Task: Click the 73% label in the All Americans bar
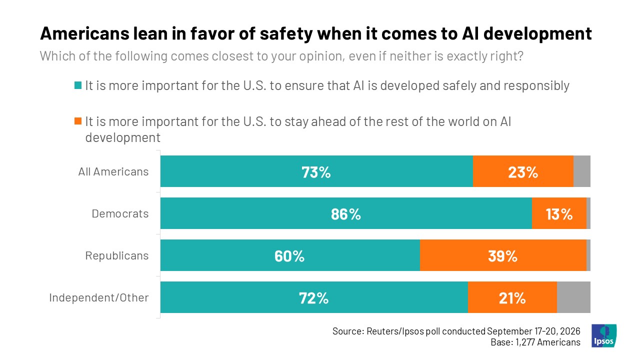316,172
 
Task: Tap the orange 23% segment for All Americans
523,171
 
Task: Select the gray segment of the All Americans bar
581,171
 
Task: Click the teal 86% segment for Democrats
346,213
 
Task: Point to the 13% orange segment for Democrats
559,213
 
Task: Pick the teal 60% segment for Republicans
290,255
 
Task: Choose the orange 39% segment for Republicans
503,255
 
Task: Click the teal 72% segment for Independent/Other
314,297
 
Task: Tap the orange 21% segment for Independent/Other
512,297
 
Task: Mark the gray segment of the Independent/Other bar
573,297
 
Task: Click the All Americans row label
113,171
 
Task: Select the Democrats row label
120,213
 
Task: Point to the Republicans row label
117,255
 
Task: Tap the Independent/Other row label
99,297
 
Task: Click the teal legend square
78,85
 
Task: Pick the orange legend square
78,121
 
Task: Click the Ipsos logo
604,335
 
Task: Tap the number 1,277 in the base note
525,342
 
